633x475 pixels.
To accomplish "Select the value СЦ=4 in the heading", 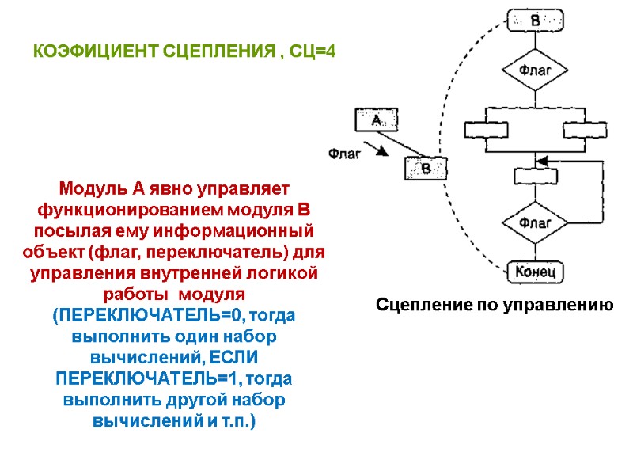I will [x=311, y=52].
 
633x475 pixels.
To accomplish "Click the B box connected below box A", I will [x=425, y=169].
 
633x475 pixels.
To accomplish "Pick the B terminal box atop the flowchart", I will [x=534, y=20].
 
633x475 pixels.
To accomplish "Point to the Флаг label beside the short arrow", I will [x=344, y=154].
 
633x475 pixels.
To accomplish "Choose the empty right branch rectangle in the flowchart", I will [x=582, y=129].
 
